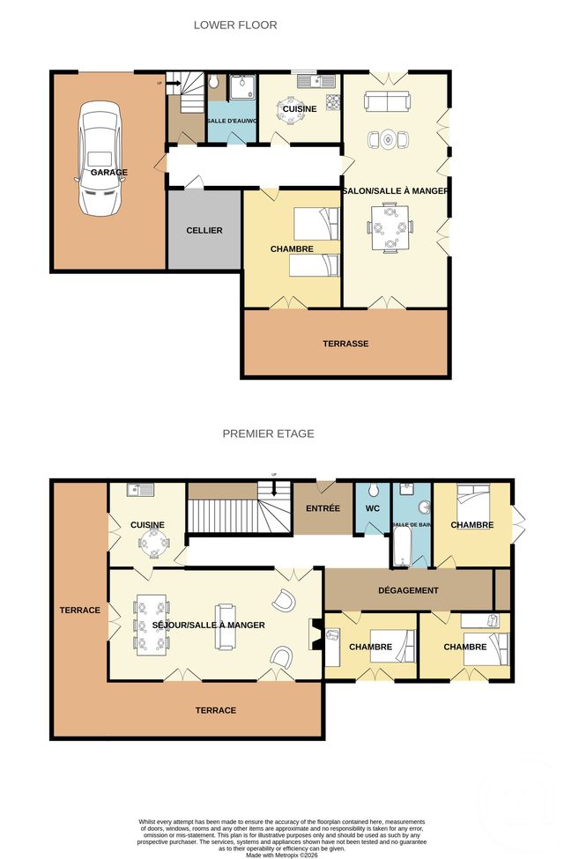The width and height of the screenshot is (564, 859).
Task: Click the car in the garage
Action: [x=99, y=159]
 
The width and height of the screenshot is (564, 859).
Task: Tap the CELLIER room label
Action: [x=204, y=230]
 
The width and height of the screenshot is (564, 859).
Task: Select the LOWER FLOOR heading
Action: [x=235, y=26]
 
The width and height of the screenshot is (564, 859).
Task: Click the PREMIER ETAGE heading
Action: [x=268, y=433]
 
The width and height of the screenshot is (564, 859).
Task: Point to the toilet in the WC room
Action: [x=374, y=491]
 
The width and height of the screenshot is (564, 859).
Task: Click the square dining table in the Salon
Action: [x=389, y=226]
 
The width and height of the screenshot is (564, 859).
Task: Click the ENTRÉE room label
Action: [x=323, y=508]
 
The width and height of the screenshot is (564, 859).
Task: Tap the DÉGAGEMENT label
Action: [x=408, y=589]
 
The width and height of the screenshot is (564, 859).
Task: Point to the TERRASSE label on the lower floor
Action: [x=345, y=344]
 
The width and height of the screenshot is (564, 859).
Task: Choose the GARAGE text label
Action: [x=108, y=173]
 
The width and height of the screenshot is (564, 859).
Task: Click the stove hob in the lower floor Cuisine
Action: [x=332, y=100]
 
